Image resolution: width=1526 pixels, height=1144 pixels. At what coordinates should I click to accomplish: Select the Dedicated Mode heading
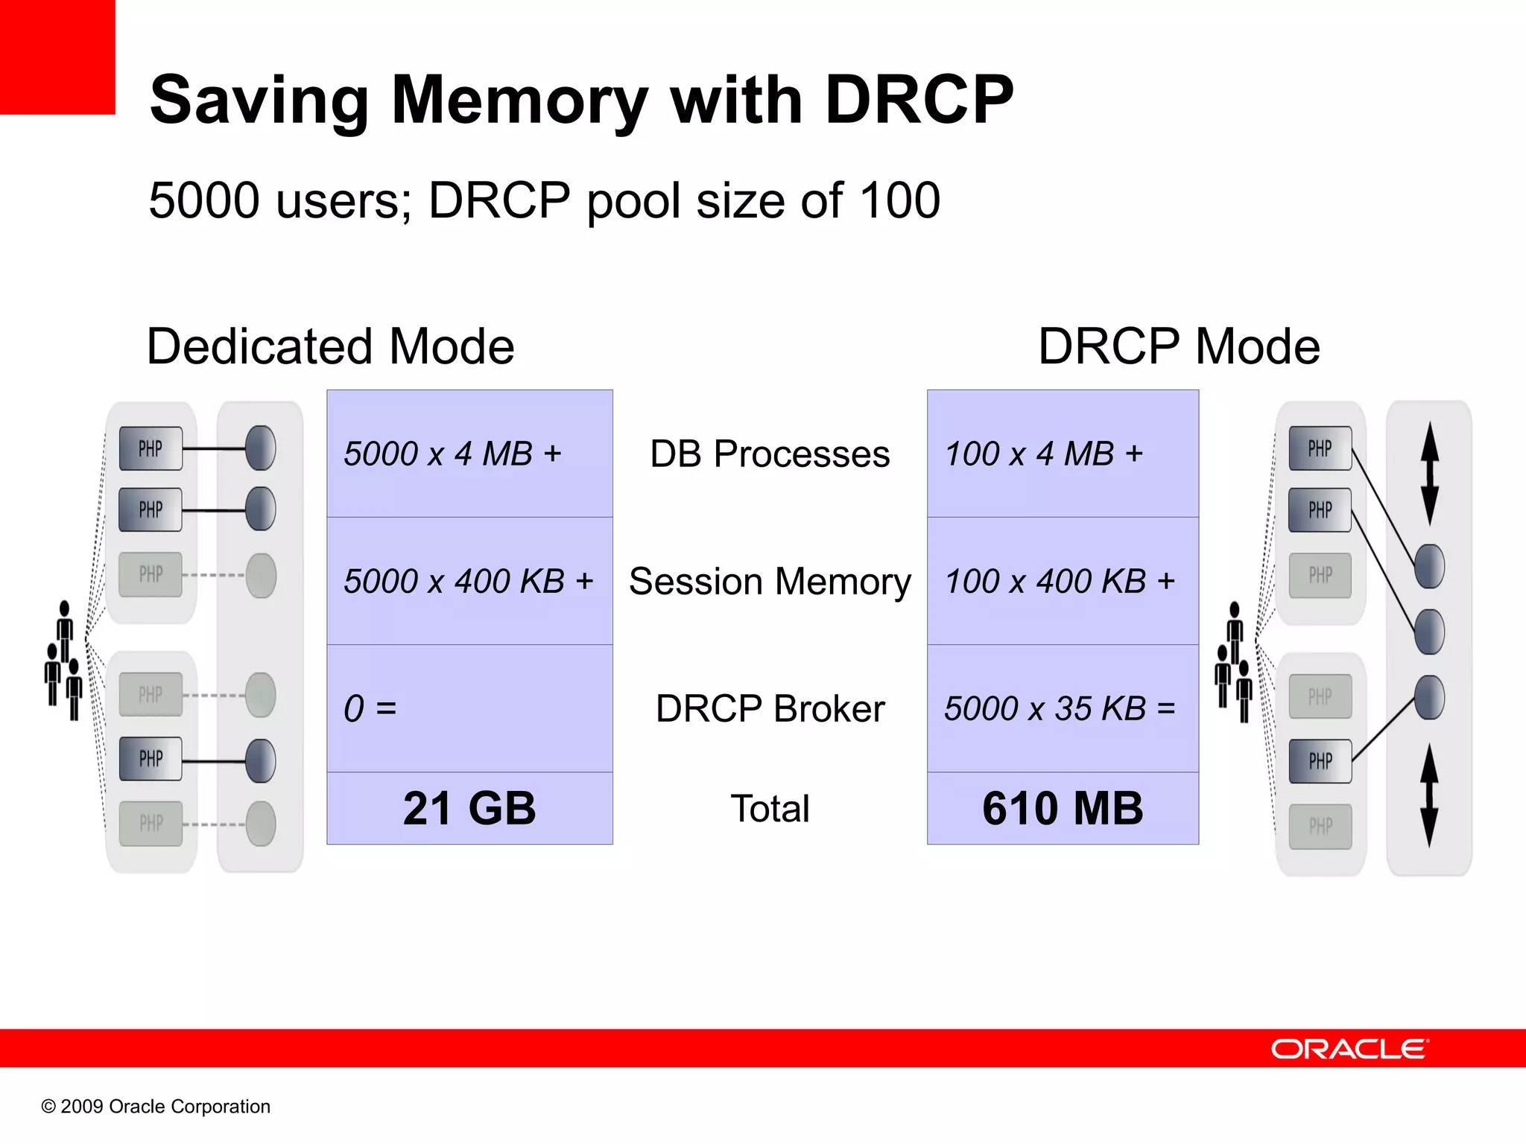[x=330, y=346]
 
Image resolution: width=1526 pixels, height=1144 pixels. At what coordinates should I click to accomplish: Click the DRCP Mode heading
[x=1179, y=346]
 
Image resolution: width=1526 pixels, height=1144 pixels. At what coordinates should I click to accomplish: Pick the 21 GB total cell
[x=469, y=808]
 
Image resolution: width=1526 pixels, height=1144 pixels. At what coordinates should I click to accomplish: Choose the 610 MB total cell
[x=1063, y=808]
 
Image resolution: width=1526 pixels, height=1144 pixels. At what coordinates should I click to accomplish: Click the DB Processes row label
[x=770, y=454]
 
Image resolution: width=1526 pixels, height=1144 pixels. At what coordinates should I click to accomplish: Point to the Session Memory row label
[x=770, y=582]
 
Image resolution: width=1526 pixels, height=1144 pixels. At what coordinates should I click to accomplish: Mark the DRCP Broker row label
[x=770, y=708]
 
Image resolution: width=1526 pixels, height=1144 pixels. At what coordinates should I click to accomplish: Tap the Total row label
[x=770, y=809]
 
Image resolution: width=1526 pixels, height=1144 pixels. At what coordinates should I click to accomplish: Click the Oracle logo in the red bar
[x=1349, y=1049]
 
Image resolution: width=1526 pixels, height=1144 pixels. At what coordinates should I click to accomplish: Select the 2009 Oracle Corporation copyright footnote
[x=156, y=1107]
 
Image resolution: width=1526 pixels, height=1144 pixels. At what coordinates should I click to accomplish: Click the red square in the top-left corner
[x=57, y=57]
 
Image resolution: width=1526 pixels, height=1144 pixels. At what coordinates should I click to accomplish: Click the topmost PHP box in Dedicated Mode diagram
[x=151, y=448]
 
